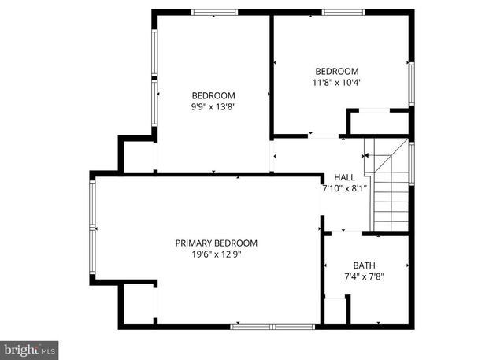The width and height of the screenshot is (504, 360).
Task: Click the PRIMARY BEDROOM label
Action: tap(216, 243)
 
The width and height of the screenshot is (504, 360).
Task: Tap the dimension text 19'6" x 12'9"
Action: tap(216, 254)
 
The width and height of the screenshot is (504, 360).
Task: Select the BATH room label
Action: tap(364, 265)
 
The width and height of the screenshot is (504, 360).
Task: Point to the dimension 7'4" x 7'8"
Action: tap(364, 276)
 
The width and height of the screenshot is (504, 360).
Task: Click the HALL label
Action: tap(344, 178)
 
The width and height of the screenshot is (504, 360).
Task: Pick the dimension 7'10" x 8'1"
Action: tap(344, 189)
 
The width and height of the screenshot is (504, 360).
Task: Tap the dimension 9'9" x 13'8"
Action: tap(213, 108)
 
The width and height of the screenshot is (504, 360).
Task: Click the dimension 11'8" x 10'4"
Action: tap(337, 81)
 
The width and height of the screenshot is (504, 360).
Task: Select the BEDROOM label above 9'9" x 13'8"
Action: tap(213, 96)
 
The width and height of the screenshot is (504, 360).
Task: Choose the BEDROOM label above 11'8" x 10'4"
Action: tap(337, 70)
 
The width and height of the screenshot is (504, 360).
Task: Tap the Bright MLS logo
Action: tap(30, 347)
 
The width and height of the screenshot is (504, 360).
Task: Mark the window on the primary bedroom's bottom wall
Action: tap(271, 325)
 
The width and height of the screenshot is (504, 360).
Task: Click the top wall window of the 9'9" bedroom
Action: tap(215, 13)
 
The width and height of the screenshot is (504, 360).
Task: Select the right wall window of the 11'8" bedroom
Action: tap(410, 83)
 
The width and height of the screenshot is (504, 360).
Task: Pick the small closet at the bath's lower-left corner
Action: tap(335, 310)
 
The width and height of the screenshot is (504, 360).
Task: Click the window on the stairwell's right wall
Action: tap(411, 163)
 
